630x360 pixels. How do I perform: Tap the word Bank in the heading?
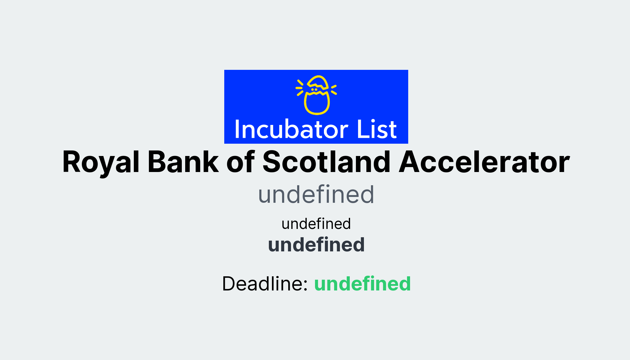tap(183, 162)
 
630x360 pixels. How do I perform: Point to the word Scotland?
tap(326, 162)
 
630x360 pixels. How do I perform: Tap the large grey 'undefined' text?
tap(316, 194)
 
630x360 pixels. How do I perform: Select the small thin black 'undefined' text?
tap(316, 224)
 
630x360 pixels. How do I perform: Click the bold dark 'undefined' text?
tap(316, 245)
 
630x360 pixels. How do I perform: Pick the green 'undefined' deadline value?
tap(362, 283)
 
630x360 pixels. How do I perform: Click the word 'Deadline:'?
tap(265, 283)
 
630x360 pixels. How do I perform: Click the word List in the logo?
tap(377, 129)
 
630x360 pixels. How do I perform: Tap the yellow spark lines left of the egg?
tap(299, 88)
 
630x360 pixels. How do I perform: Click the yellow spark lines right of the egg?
tap(334, 90)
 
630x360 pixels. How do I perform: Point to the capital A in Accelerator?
tap(411, 162)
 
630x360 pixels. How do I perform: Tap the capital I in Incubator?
tap(237, 129)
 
